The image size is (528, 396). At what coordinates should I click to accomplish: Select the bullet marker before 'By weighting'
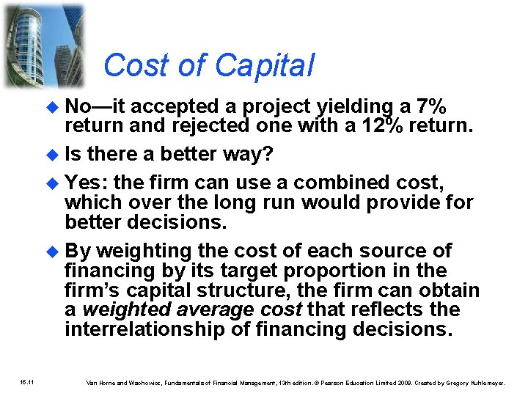[52, 252]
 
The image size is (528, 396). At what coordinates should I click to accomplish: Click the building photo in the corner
[44, 44]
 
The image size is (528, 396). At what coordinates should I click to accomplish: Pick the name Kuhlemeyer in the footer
[484, 382]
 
